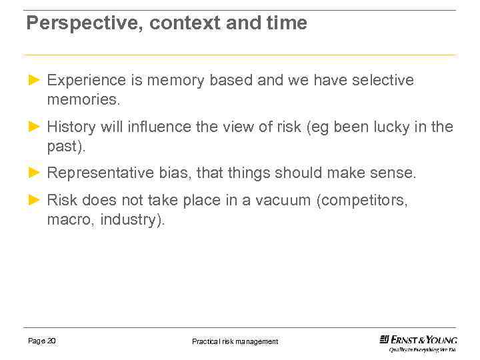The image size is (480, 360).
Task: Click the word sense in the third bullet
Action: pos(393,173)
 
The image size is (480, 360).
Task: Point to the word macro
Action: pos(69,220)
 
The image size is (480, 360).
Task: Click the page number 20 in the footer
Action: pos(51,341)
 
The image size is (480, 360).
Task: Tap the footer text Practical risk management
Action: pos(235,341)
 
